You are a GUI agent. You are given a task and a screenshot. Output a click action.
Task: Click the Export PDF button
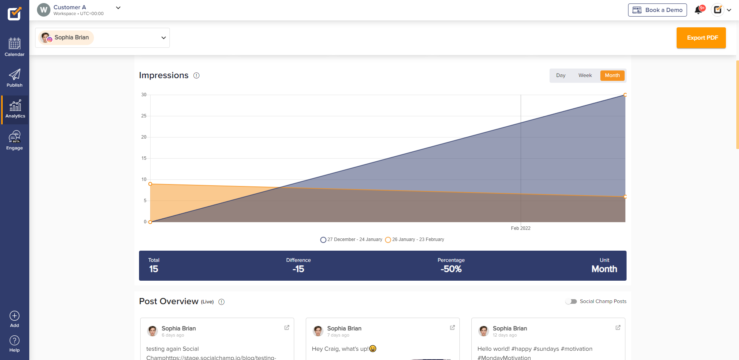coord(701,38)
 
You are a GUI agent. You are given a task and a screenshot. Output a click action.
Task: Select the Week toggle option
coord(585,75)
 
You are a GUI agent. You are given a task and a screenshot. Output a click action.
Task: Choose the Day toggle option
coord(561,75)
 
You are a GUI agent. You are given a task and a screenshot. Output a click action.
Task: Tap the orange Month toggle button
coord(612,75)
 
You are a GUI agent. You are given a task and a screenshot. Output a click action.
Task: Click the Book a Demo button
coord(657,10)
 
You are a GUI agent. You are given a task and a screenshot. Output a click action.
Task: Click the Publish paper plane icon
coord(15,74)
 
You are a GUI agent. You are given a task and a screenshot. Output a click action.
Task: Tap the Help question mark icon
coord(15,341)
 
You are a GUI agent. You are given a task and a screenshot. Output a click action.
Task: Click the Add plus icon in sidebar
coord(15,316)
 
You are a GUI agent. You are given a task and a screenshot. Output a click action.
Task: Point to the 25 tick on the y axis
coord(144,116)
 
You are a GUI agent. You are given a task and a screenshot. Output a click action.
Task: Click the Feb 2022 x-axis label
coord(521,228)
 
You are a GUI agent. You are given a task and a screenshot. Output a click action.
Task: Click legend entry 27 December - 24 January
coord(351,239)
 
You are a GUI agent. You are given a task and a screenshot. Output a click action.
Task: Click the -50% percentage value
coord(451,269)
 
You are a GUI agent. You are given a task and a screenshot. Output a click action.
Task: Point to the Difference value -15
coord(298,269)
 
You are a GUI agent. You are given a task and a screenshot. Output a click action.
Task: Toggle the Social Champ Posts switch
coord(571,301)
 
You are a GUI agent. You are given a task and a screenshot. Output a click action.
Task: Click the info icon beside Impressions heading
coord(196,75)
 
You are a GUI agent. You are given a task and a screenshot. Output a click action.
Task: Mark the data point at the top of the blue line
coord(625,95)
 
